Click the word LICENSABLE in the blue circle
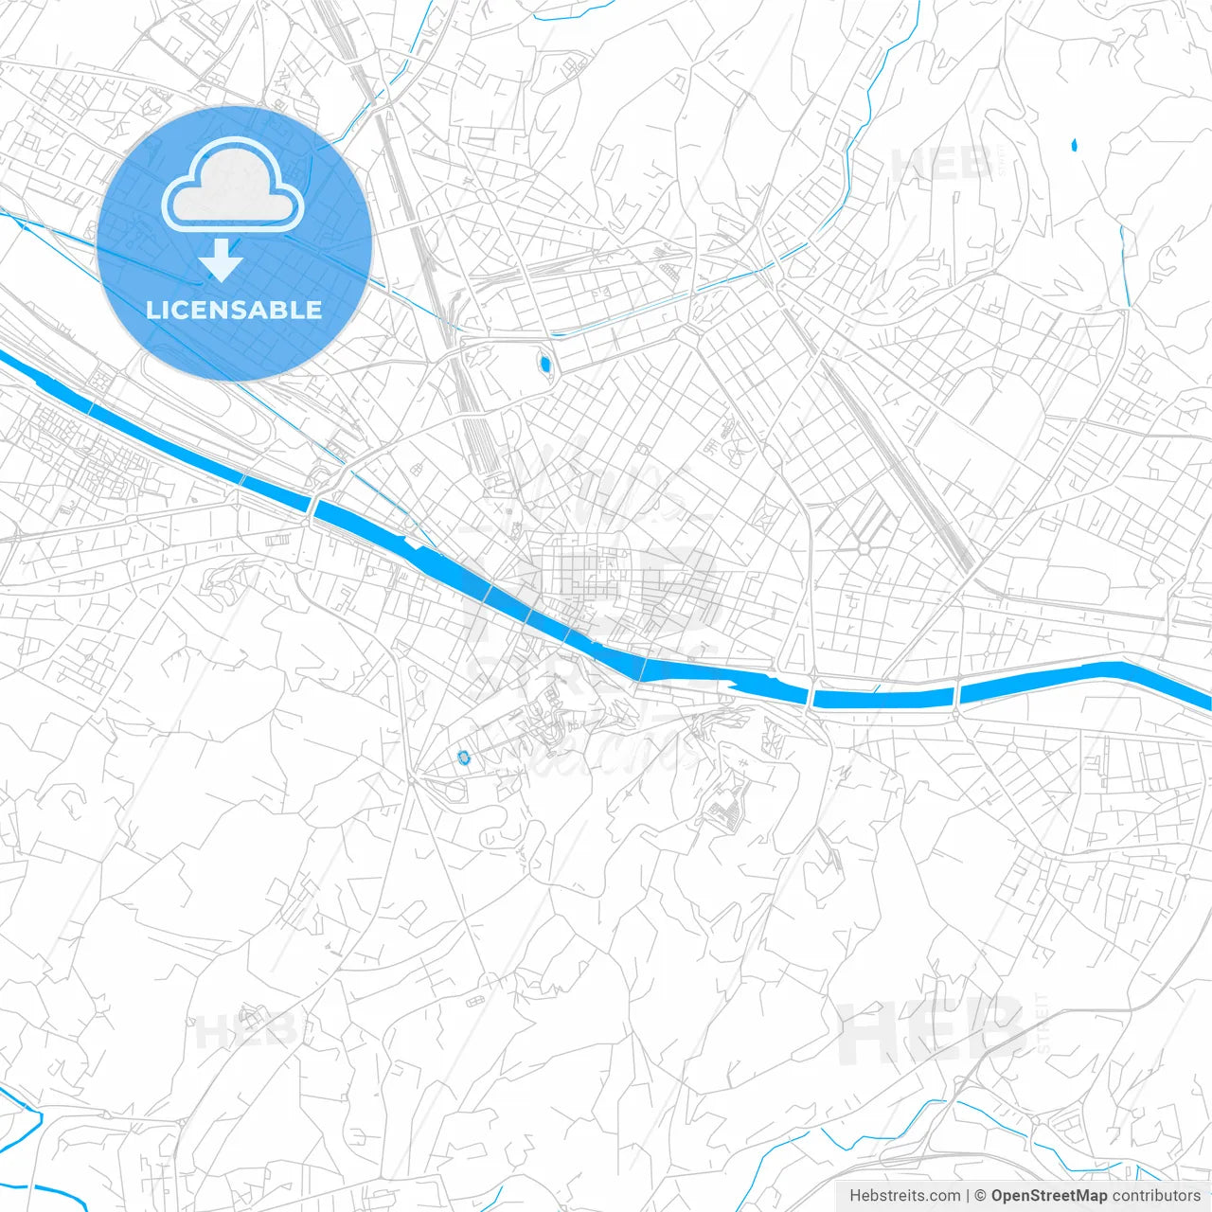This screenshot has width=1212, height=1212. pyautogui.click(x=234, y=310)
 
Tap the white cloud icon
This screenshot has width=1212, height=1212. pyautogui.click(x=233, y=187)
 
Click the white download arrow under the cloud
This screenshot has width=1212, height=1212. pyautogui.click(x=222, y=260)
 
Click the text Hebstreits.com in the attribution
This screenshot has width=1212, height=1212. pyautogui.click(x=904, y=1196)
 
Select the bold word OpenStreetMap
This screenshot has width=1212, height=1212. pyautogui.click(x=1048, y=1196)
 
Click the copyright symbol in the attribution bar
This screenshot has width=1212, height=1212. pyautogui.click(x=980, y=1196)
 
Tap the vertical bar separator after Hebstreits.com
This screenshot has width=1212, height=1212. pyautogui.click(x=968, y=1196)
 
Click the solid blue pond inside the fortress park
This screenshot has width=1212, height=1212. pyautogui.click(x=544, y=363)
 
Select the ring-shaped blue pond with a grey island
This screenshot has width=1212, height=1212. pyautogui.click(x=463, y=757)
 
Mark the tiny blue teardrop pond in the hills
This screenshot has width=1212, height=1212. pyautogui.click(x=1074, y=145)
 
